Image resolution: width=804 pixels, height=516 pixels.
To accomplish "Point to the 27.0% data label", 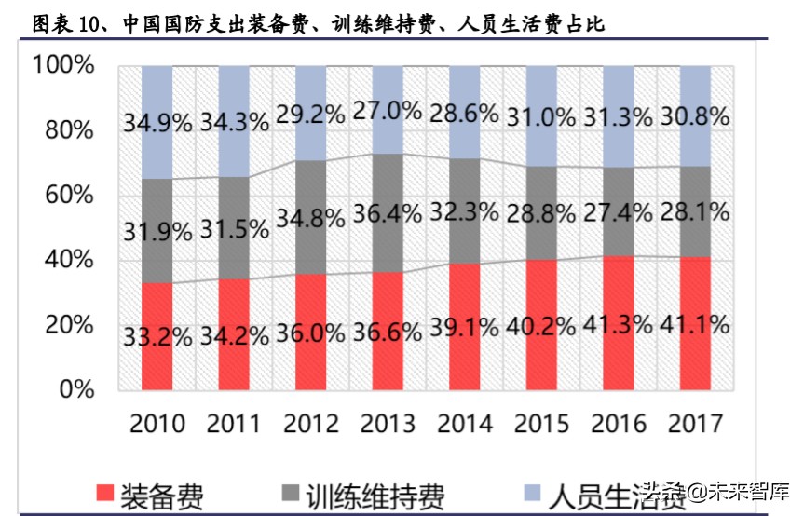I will click(388, 112).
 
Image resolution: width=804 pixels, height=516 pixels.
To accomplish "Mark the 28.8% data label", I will click(542, 213).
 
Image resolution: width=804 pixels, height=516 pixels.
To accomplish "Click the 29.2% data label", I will click(311, 114).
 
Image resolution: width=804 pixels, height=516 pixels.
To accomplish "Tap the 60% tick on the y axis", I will click(70, 196).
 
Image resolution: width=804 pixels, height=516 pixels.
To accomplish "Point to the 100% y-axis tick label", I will click(62, 66).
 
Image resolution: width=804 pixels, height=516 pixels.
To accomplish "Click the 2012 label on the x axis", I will click(311, 424).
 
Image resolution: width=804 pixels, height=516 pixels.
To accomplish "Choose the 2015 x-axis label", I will click(542, 424).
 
